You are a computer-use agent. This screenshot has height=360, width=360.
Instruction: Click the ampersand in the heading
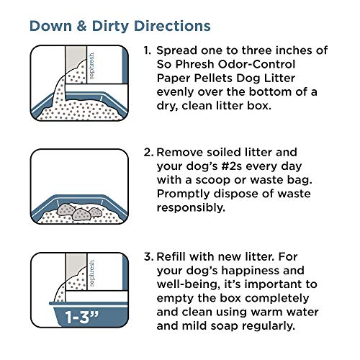(x=78, y=25)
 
